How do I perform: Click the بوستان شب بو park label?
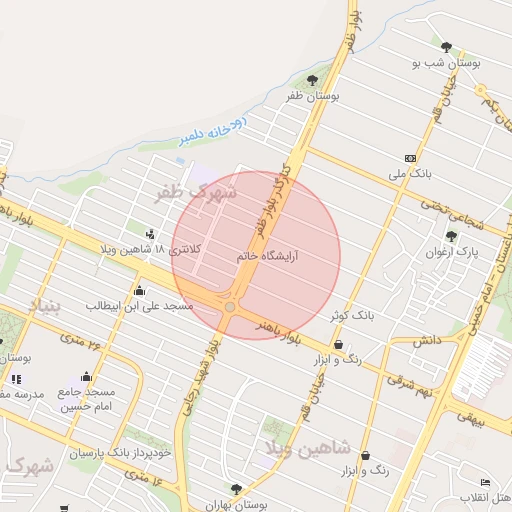[447, 62]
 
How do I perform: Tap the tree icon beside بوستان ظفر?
[313, 80]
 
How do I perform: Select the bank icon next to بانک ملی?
[410, 158]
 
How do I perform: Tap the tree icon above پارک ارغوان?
[451, 237]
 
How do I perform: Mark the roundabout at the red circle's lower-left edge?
[231, 307]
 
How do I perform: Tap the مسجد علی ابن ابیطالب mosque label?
[139, 305]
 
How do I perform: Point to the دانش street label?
[427, 340]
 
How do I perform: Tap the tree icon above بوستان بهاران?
[236, 489]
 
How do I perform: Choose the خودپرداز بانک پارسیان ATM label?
[122, 452]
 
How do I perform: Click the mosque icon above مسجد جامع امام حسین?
[86, 377]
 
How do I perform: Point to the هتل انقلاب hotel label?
[485, 496]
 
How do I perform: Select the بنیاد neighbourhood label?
[44, 305]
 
